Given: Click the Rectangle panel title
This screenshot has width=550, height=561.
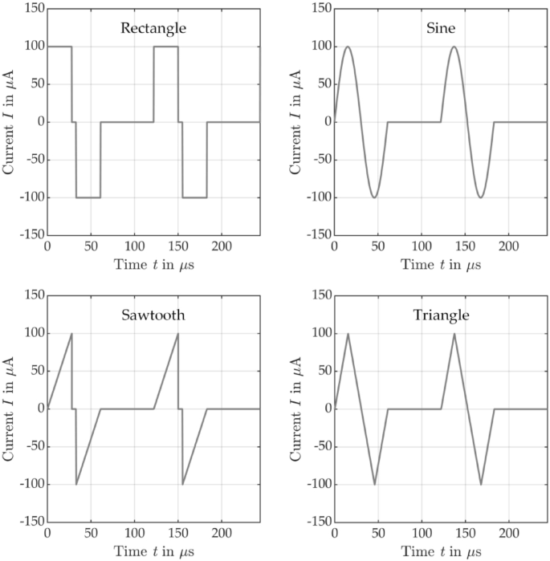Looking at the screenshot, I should tap(153, 28).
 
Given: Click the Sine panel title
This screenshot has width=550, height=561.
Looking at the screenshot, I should tap(440, 28).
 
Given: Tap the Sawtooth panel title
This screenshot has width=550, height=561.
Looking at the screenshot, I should tap(153, 315).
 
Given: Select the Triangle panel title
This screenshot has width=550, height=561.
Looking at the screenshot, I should tap(440, 315).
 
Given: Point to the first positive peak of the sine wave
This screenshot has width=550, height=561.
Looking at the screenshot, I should tap(347, 47).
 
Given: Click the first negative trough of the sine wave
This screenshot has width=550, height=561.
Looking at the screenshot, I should tap(374, 197).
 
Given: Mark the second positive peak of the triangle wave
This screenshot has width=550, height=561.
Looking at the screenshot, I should tap(454, 334).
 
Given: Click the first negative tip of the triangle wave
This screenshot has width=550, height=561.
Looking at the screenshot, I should tap(374, 484).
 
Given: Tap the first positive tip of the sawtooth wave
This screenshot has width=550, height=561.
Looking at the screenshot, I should tap(71, 334).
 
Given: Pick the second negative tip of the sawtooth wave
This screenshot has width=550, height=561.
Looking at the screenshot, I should tap(182, 484).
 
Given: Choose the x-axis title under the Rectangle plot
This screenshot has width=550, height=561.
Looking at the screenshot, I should tap(153, 265).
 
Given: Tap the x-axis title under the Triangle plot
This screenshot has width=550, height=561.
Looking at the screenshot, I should tap(440, 552).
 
